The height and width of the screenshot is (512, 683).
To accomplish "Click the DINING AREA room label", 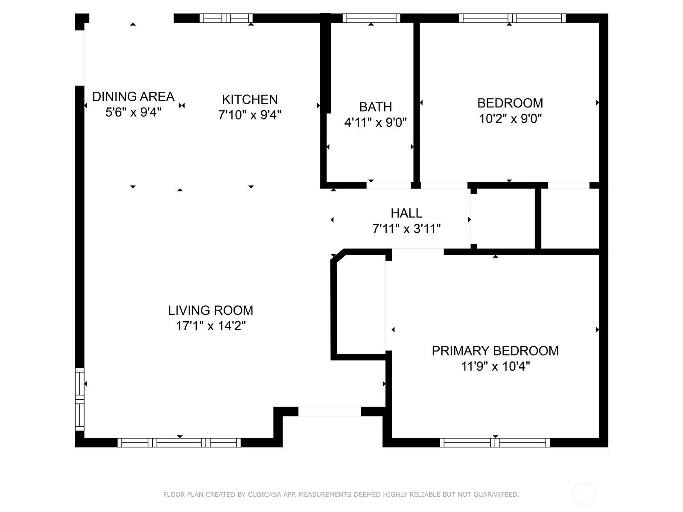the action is click(133, 97).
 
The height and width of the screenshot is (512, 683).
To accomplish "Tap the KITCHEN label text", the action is click(250, 99).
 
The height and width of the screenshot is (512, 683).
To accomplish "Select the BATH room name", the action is click(375, 107).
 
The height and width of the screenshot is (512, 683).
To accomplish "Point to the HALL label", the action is click(406, 213).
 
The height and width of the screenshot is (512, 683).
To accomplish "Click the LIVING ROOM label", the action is click(210, 310).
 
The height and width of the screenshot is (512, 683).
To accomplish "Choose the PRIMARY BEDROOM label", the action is click(495, 351).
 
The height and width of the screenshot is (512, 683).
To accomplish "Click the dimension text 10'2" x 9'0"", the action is click(510, 119).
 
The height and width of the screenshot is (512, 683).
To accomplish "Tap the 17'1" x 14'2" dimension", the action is click(210, 326).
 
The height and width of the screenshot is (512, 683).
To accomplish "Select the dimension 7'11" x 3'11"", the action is click(406, 229).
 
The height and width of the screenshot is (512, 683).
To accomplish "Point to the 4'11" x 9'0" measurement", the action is click(375, 122).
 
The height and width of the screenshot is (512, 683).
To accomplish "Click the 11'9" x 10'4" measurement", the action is click(495, 366).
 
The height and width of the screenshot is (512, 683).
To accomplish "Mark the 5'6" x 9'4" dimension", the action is click(133, 112).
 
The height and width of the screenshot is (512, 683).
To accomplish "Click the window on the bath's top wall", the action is click(371, 18).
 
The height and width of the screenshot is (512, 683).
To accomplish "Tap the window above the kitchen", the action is click(226, 18).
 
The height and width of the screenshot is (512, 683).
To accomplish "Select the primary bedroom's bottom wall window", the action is click(495, 442).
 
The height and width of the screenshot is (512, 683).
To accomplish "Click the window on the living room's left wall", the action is click(80, 399).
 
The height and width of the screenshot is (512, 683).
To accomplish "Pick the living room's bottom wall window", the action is click(179, 442).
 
